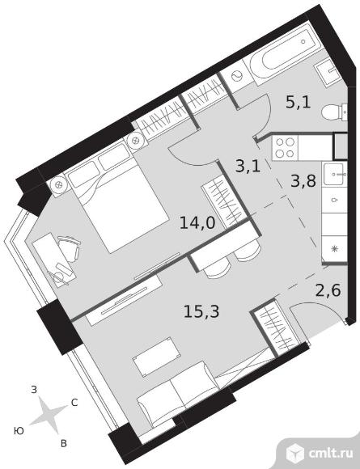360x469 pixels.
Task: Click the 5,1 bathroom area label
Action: tap(298, 103)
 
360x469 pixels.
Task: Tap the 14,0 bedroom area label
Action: tap(197, 223)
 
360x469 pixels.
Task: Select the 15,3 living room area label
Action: tap(201, 311)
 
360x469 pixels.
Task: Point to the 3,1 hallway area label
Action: tap(248, 167)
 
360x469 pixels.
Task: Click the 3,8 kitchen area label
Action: tap(303, 181)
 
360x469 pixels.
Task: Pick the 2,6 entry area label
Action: tap(328, 290)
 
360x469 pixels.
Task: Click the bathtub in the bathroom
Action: tap(283, 55)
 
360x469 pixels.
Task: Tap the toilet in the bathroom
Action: tap(335, 112)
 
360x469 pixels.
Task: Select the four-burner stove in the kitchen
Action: tap(285, 148)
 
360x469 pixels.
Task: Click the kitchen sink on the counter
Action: tap(335, 175)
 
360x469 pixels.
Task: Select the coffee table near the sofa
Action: tap(157, 357)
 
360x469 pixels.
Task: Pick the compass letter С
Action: tap(74, 403)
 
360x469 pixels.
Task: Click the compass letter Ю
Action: tap(19, 431)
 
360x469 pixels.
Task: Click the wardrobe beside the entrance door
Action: tap(274, 327)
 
